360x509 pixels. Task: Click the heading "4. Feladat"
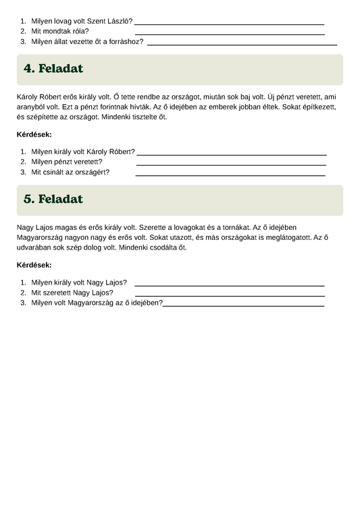pos(53,69)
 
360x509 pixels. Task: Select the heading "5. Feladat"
pos(53,199)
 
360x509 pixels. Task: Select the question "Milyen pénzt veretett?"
pos(67,162)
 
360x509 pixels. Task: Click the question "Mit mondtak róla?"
pos(60,31)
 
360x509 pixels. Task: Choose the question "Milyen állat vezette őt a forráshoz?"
pos(87,41)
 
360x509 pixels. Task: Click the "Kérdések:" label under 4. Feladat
pos(34,135)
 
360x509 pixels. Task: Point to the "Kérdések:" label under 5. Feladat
pos(34,265)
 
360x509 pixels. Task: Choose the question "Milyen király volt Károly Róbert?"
pos(83,151)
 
